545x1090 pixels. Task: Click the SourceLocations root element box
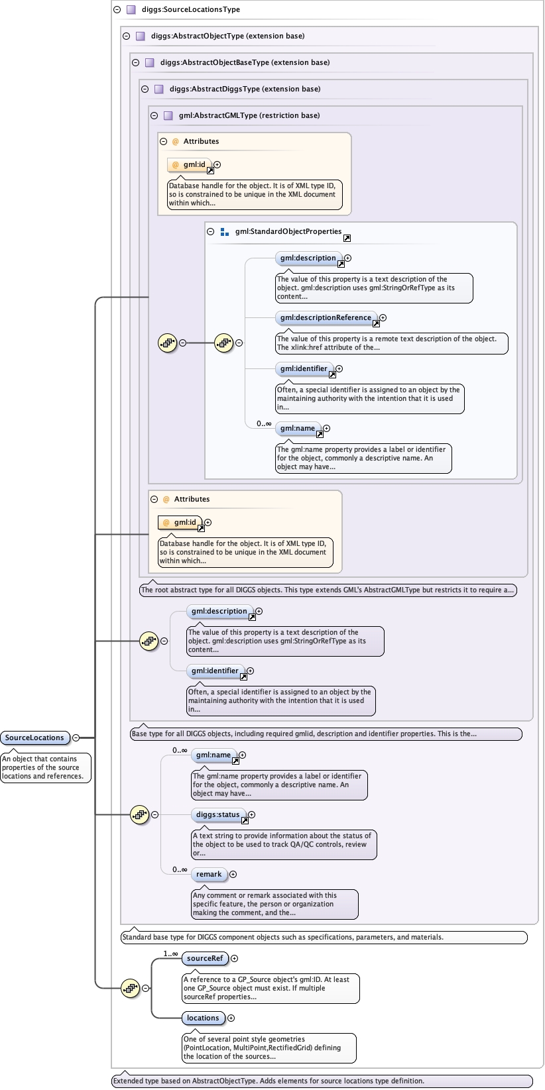[x=34, y=737]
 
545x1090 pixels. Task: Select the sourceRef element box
[x=205, y=958]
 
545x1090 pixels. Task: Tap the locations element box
[x=203, y=1018]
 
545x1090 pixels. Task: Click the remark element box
[x=209, y=874]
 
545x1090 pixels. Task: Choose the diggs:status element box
[x=218, y=814]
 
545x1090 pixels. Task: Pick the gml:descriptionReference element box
[x=326, y=317]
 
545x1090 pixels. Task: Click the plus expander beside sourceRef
[x=234, y=958]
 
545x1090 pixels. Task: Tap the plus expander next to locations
[x=231, y=1018]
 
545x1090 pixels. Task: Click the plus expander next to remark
[x=233, y=874]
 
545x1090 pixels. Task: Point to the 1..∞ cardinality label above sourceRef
[x=170, y=954]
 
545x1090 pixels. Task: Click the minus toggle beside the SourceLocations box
[x=76, y=737]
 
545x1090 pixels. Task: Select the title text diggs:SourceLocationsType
[x=191, y=9]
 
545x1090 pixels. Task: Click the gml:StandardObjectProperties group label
[x=288, y=231]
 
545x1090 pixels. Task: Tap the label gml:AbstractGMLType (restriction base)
[x=249, y=115]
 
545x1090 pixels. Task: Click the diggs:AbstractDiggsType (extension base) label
[x=245, y=89]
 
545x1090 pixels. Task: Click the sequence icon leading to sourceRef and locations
[x=131, y=988]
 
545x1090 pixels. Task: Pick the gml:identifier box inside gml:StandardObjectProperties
[x=304, y=368]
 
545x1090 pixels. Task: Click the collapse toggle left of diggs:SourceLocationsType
[x=117, y=9]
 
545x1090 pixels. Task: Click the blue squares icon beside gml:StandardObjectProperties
[x=224, y=232]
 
